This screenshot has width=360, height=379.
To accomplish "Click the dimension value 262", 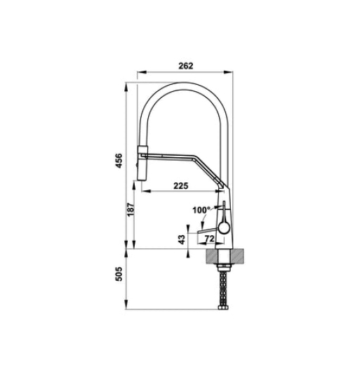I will coord(185,65).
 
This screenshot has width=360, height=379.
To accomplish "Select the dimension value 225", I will coord(180,186).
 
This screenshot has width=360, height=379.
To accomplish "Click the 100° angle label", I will coord(201,210).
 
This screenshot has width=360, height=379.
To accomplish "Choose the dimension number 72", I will coord(208,239).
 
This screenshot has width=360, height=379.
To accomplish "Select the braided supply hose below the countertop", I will coord(225,288).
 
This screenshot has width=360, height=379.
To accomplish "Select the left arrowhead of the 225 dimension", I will coord(140,192).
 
